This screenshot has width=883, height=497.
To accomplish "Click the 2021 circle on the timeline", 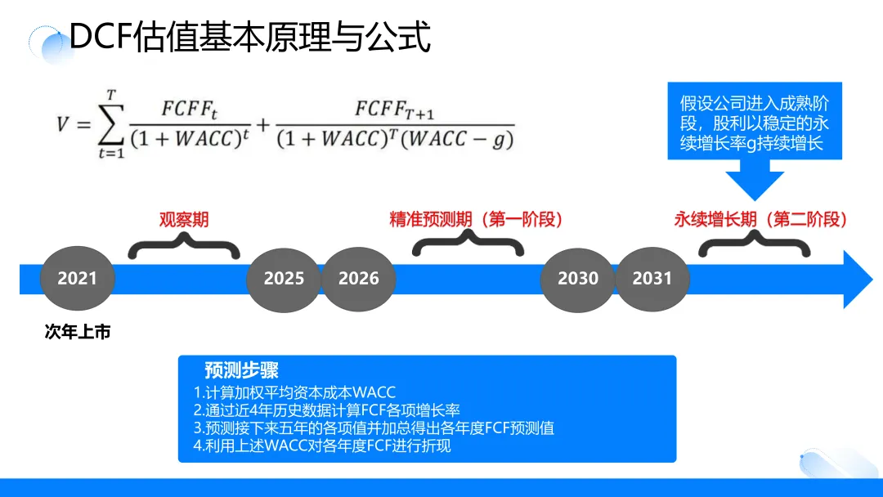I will tap(77, 278).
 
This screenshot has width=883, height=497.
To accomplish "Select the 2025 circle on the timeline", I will tap(284, 278).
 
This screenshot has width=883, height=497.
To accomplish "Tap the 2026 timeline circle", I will tap(359, 278).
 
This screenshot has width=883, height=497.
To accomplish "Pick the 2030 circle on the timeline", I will tap(578, 278).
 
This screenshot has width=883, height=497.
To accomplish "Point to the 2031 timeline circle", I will tap(652, 278).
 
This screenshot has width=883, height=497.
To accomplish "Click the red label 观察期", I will tap(184, 219).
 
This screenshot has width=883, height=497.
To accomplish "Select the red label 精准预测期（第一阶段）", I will tap(476, 219).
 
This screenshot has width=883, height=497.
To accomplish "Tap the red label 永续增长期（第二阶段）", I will tap(760, 219).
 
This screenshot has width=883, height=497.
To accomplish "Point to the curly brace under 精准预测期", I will tap(468, 244).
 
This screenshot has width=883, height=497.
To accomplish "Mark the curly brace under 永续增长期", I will tap(753, 244).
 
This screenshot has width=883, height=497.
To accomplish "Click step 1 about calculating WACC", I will tap(294, 392).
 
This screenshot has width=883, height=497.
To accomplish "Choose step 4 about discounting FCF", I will tap(322, 446).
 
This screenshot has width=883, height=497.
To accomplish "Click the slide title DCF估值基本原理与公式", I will tap(249, 37).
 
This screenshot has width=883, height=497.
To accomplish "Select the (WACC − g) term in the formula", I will tap(461, 139).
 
